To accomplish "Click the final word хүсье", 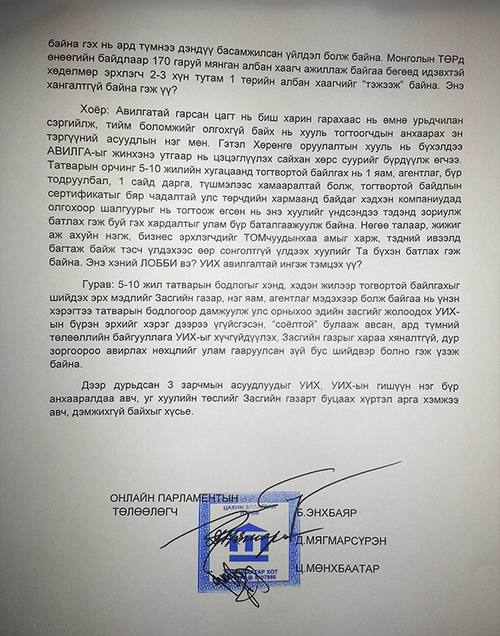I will click(177, 411).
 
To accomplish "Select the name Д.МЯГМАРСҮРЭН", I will click(342, 541).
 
